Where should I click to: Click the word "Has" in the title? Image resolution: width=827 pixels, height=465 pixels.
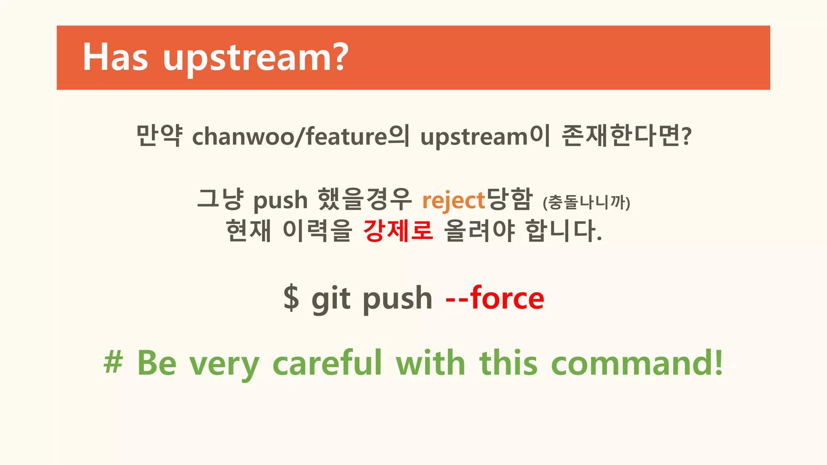(x=115, y=57)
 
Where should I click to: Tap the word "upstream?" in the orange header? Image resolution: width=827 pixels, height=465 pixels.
(x=256, y=59)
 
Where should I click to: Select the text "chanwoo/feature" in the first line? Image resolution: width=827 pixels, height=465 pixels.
(x=289, y=136)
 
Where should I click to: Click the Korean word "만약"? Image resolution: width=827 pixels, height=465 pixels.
(x=159, y=136)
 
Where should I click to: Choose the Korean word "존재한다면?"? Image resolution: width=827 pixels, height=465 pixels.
(x=626, y=136)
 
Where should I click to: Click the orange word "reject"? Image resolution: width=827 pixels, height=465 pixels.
(x=453, y=201)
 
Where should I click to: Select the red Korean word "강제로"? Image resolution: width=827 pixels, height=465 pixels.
(x=398, y=230)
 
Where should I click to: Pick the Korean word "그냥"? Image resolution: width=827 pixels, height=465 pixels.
(x=220, y=199)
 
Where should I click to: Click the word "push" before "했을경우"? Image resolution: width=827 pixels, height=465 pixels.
(x=280, y=201)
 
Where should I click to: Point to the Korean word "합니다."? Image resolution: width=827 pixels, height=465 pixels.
(x=564, y=230)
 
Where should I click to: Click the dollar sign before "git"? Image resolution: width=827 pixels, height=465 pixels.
(x=291, y=298)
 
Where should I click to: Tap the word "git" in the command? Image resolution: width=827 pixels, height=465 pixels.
(x=331, y=299)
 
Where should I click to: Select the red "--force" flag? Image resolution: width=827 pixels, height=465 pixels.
(x=495, y=298)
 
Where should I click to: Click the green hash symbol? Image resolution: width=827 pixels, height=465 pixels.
(x=113, y=362)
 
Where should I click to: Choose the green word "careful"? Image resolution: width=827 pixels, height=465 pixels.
(x=327, y=362)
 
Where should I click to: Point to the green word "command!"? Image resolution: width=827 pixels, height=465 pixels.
(x=637, y=362)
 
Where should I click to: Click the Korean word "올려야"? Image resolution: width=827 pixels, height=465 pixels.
(x=479, y=230)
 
